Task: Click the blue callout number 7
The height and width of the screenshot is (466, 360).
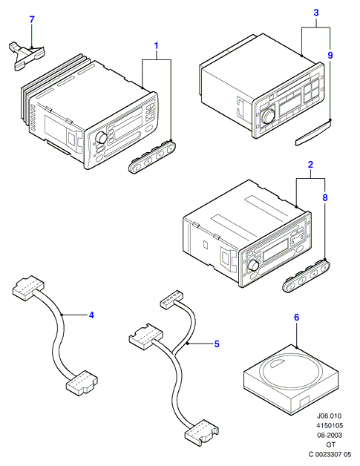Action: point(32,19)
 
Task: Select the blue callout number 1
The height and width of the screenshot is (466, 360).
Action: point(156,46)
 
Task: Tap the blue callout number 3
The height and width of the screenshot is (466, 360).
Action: point(316,13)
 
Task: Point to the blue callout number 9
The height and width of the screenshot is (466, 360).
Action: point(330,55)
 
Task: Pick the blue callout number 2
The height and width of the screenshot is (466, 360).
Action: point(310,164)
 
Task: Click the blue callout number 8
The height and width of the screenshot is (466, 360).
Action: point(325,197)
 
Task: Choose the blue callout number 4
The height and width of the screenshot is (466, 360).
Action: point(91,315)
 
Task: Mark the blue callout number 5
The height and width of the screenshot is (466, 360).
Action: point(217,344)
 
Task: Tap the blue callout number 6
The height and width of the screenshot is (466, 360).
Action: point(296,318)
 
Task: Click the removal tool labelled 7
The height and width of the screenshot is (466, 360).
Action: point(26,55)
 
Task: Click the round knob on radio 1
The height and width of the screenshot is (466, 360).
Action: point(101,138)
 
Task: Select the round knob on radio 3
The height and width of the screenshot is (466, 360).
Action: point(267,116)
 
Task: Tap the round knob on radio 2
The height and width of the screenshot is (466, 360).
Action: point(254,265)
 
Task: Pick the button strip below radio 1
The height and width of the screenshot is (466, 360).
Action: point(152,157)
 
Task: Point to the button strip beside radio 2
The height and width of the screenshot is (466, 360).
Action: point(306,276)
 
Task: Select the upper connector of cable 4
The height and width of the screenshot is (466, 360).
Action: point(28,288)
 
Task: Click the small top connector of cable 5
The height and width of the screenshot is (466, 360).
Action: point(171,299)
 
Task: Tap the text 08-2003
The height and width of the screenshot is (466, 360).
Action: point(329,435)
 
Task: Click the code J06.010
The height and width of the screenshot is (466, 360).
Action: point(329,416)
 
